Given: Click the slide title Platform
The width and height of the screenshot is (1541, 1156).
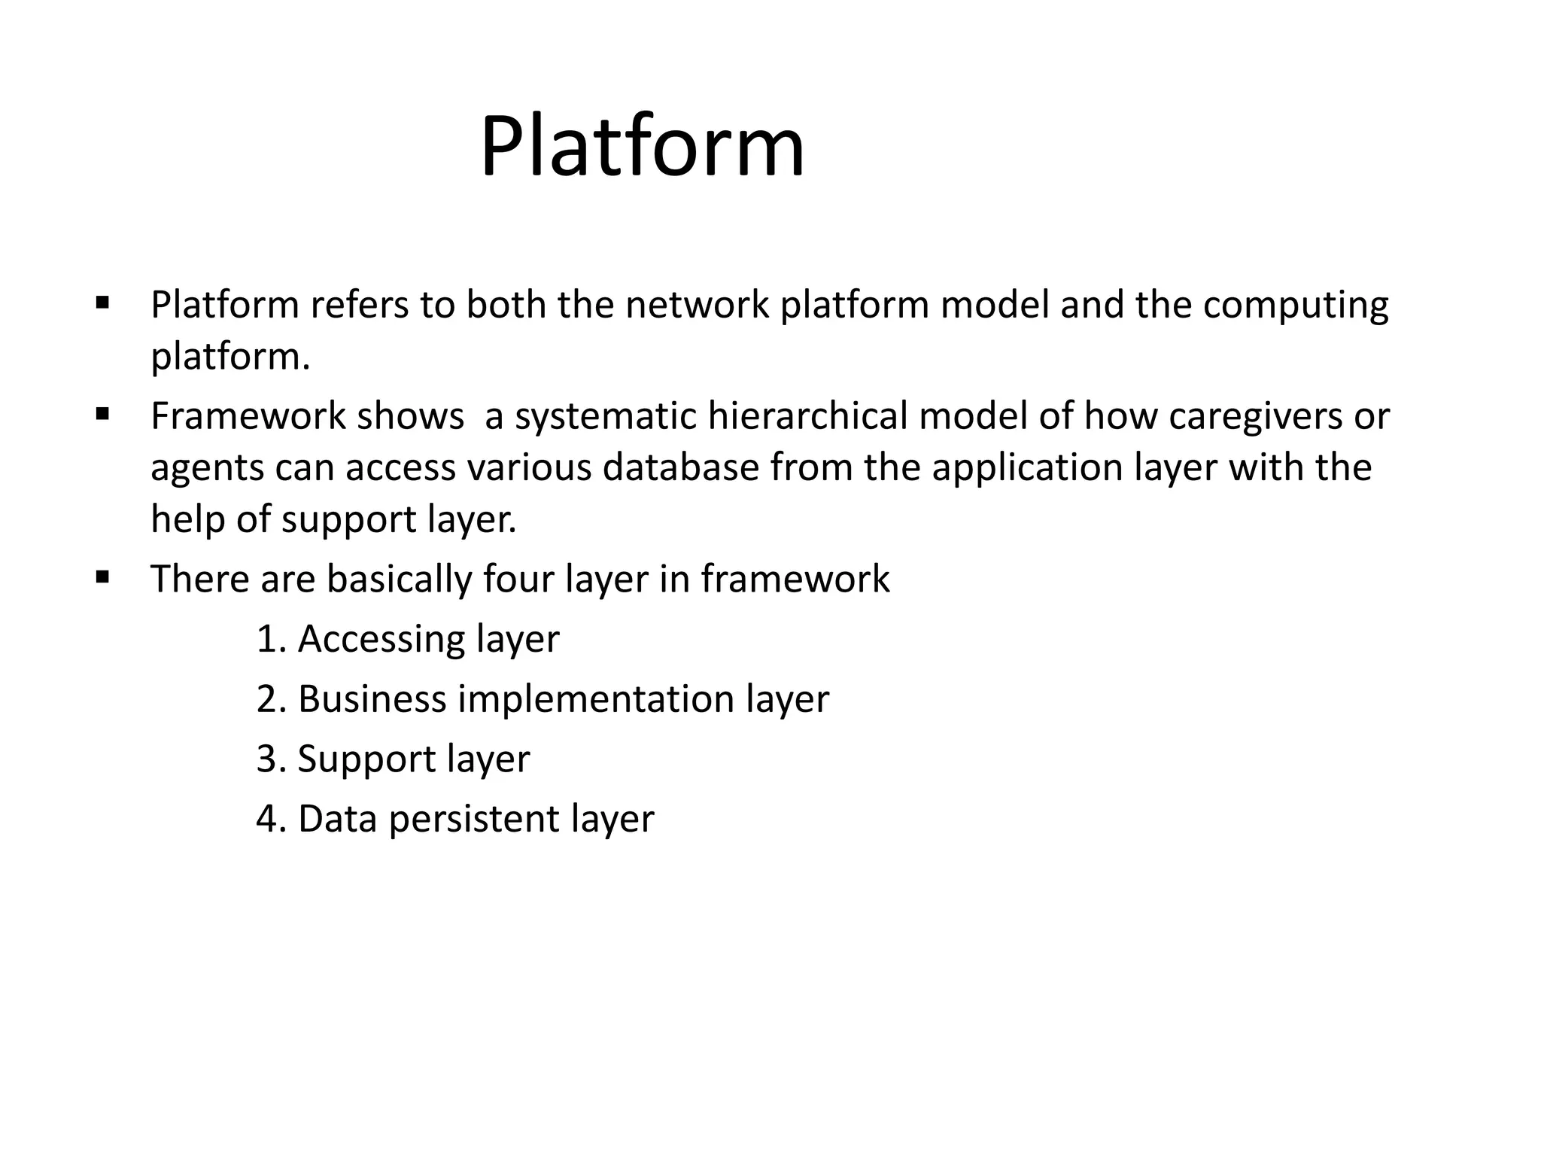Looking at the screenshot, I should click(x=642, y=147).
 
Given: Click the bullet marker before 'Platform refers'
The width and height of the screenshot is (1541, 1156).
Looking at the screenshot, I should click(x=103, y=304).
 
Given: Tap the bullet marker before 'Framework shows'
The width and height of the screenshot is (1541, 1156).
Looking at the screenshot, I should click(x=103, y=414).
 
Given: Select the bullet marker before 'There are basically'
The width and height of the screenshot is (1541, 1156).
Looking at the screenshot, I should click(x=103, y=578).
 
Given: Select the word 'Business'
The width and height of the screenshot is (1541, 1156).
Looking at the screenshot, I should click(x=372, y=699).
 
